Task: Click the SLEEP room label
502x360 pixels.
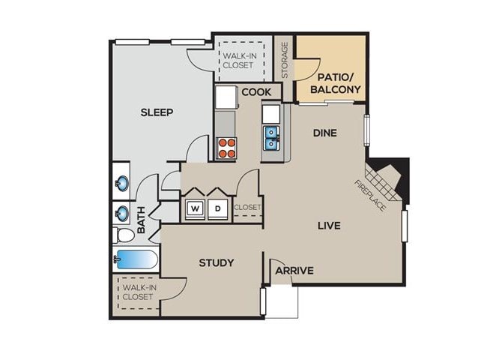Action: pyautogui.click(x=157, y=112)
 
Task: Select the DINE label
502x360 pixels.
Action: pyautogui.click(x=324, y=133)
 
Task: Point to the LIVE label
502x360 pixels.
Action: pyautogui.click(x=329, y=225)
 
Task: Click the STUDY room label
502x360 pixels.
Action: pyautogui.click(x=216, y=262)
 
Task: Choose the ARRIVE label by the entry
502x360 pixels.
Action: pyautogui.click(x=294, y=271)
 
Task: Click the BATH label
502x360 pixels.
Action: pyautogui.click(x=142, y=219)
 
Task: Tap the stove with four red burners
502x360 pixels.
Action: pyautogui.click(x=226, y=148)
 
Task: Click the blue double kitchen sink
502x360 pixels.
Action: pyautogui.click(x=272, y=136)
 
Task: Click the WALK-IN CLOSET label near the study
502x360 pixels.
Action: pyautogui.click(x=138, y=292)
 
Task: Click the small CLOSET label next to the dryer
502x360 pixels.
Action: pyautogui.click(x=247, y=208)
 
